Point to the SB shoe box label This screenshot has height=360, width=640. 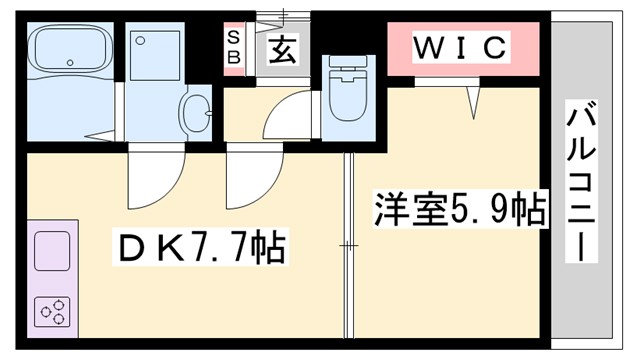click(x=233, y=47)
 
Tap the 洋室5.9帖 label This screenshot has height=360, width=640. click(x=460, y=209)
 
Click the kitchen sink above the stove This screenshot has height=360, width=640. click(x=52, y=250)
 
